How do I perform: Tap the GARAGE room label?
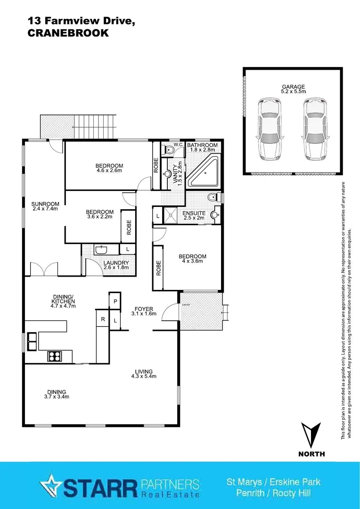294,87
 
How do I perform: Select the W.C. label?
165,145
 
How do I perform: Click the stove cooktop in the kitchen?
55,357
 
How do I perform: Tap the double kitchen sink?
32,341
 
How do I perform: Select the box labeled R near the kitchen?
102,319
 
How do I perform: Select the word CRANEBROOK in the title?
68,33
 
